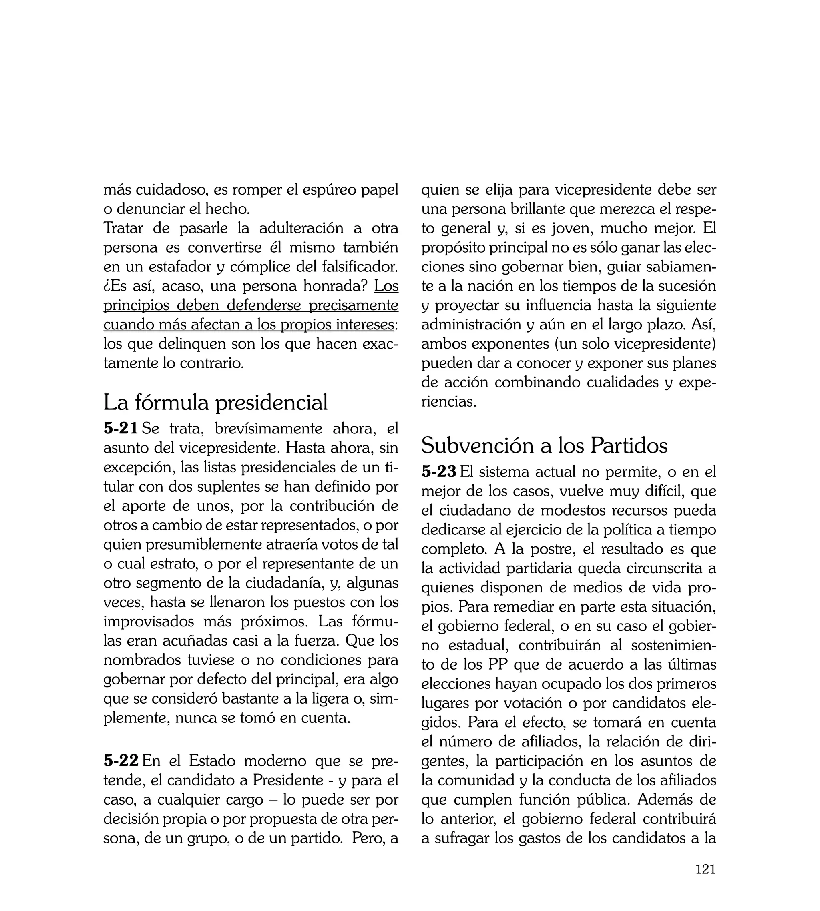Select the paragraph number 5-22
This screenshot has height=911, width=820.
pyautogui.click(x=121, y=761)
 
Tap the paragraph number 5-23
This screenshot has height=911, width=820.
pyautogui.click(x=439, y=472)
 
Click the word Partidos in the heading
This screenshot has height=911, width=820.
pyautogui.click(x=629, y=445)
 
